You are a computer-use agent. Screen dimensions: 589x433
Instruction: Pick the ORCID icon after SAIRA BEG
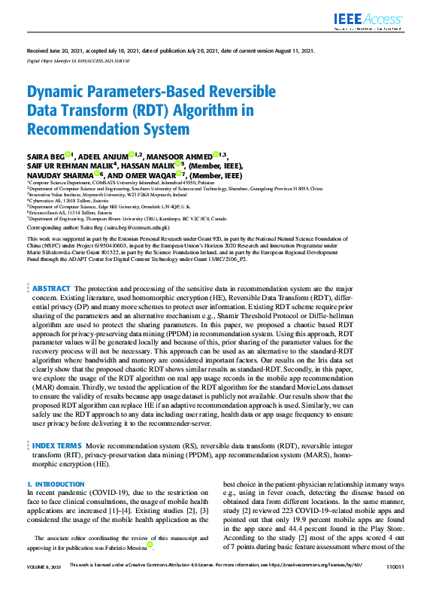[68, 153]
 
